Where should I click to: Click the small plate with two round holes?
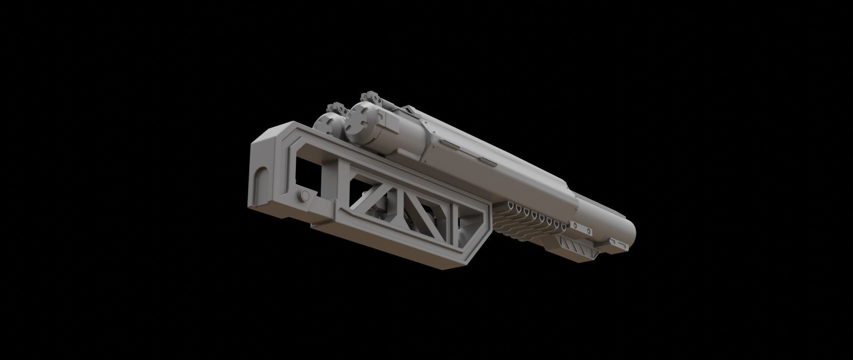tap(582, 228)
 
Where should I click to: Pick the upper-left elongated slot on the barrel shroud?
tap(450, 142)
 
